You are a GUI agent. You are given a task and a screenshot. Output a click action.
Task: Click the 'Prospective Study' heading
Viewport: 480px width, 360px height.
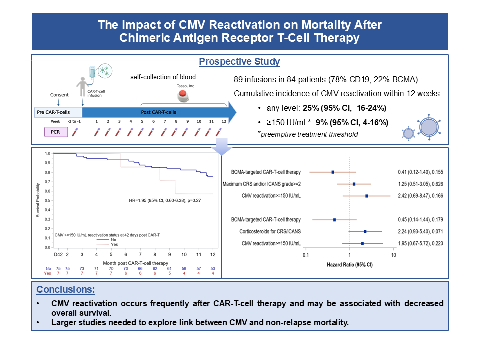pos(239,62)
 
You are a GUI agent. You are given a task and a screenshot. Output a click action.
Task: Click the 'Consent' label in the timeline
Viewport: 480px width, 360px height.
pos(59,95)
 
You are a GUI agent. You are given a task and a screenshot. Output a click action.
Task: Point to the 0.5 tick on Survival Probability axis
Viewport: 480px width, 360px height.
pos(48,200)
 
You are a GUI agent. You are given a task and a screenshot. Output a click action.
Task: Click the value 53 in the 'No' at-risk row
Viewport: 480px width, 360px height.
pos(213,268)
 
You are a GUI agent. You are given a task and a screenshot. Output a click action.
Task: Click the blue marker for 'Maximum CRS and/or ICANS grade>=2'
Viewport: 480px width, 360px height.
pos(354,184)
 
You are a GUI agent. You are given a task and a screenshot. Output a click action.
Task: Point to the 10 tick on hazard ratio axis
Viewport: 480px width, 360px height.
pos(394,256)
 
